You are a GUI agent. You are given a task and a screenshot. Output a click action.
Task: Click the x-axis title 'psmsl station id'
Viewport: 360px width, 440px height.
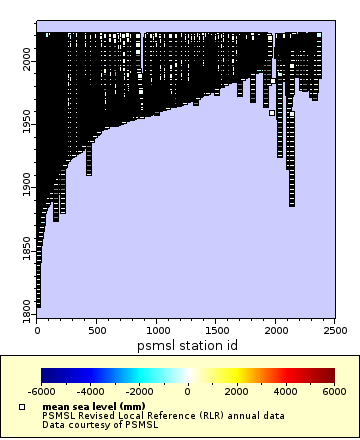pos(187,344)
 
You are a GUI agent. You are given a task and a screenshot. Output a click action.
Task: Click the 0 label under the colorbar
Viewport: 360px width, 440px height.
pos(188,392)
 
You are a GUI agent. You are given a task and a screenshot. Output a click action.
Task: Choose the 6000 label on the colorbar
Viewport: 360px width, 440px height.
pos(335,392)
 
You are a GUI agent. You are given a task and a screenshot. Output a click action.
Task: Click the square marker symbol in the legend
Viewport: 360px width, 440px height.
pos(22,407)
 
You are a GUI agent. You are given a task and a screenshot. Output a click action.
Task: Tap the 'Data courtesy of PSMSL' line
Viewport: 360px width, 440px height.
pos(97,424)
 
